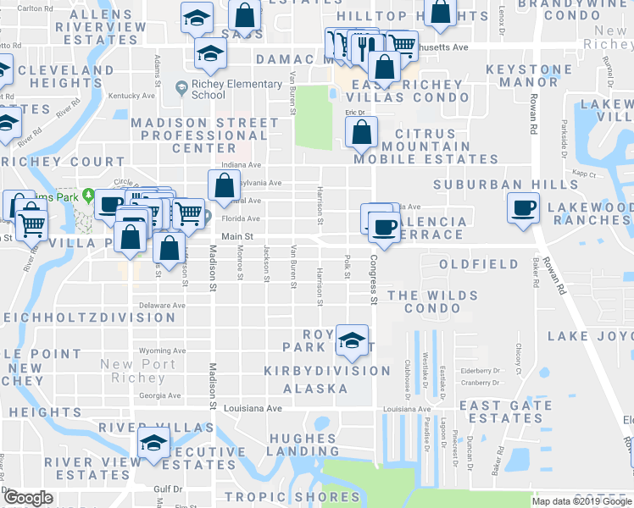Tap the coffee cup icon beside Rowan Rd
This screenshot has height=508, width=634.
pos(523,208)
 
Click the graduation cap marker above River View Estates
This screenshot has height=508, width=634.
pos(153,443)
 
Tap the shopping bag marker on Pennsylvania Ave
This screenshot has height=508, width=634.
pos(223,186)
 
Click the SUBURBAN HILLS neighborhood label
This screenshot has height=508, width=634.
pos(488,185)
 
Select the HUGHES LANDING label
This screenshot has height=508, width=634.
pos(303,445)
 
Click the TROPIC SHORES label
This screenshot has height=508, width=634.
pos(292,497)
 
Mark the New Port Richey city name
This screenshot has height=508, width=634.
pos(137,371)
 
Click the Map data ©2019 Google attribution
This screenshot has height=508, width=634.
pos(581,501)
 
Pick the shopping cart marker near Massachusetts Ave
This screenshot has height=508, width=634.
pos(403,45)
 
